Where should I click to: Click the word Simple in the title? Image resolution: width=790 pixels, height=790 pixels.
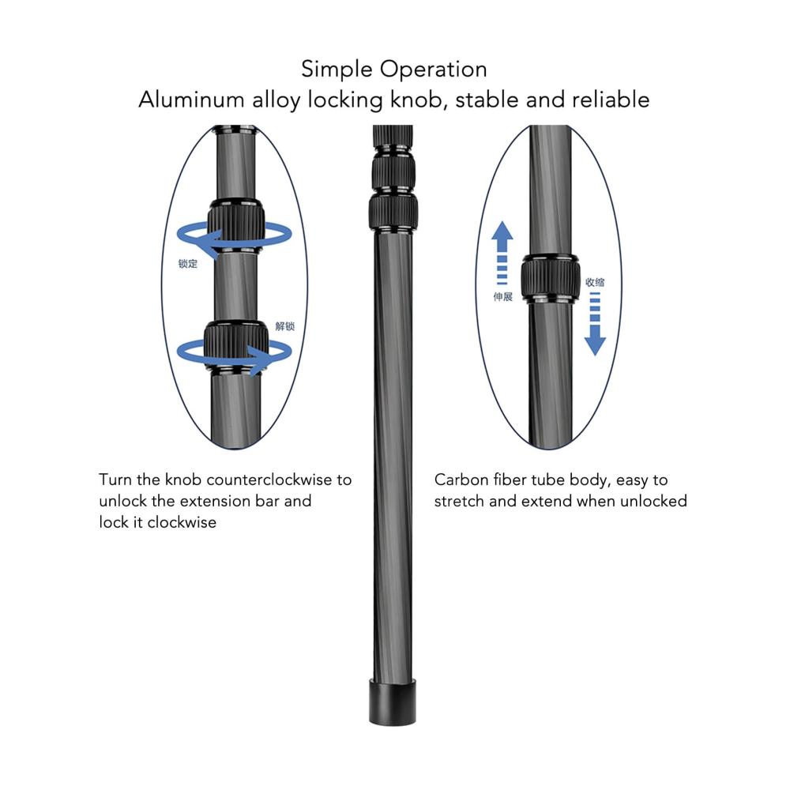click(337, 70)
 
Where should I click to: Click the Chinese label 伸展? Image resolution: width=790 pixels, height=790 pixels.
click(502, 297)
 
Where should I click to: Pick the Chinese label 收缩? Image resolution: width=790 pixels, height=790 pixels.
click(595, 281)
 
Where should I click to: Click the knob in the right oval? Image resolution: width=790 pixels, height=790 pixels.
click(550, 277)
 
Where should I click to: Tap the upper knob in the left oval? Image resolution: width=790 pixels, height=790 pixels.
click(235, 227)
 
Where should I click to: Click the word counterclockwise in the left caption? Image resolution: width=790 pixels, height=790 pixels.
click(267, 480)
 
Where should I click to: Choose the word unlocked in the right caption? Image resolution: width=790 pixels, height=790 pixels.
click(654, 501)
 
